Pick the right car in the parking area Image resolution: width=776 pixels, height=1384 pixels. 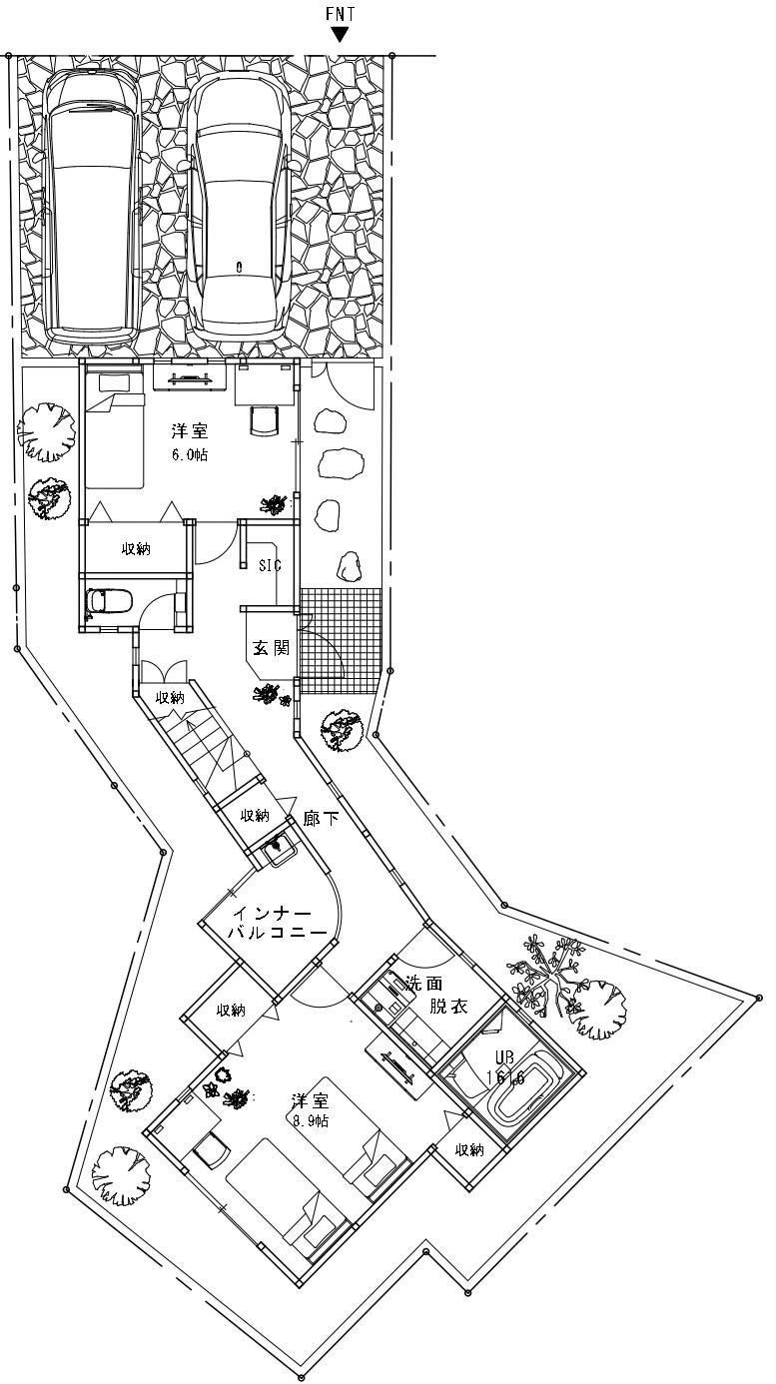pos(240,207)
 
